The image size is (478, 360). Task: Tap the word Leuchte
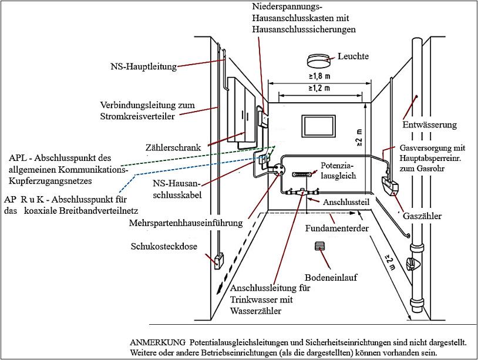(353, 56)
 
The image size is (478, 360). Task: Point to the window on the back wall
(318, 127)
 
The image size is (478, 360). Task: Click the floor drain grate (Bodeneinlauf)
(320, 246)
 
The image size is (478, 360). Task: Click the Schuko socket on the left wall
(218, 259)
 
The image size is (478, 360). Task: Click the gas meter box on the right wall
(390, 187)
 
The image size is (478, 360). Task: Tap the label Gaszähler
(422, 217)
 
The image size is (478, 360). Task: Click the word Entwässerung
(429, 125)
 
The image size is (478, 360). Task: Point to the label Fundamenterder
(337, 228)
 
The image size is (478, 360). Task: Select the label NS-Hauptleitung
(143, 66)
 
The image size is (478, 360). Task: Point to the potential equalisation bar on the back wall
(302, 174)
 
